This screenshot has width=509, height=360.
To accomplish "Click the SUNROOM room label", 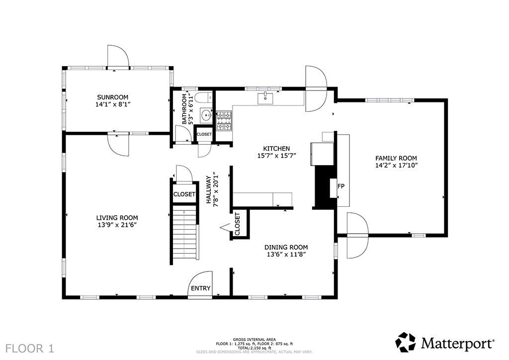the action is point(113,97).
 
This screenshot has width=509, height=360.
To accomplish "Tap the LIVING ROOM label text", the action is point(117,218).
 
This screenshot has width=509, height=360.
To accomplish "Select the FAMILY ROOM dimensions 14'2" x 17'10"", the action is point(396,165).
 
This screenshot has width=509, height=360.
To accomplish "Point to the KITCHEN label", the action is point(276,149).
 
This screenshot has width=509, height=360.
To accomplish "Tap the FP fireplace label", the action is point(341,186).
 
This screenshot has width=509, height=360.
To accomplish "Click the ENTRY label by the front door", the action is point(201,288).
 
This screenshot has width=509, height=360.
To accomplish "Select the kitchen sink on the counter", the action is point(265,98).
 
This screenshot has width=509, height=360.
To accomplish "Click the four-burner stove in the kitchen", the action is point(224,121).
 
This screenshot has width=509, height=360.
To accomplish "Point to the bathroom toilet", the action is point(205,97).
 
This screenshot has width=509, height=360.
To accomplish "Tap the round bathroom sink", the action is point(205,115).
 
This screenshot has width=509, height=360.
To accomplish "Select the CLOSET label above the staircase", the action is point(184,194).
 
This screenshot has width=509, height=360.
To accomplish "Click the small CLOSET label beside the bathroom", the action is point(204,134).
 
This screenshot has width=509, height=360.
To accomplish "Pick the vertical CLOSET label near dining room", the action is point(237,224).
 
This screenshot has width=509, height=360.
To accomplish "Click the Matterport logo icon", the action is point(406,342).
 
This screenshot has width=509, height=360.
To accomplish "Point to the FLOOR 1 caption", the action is point(29,349).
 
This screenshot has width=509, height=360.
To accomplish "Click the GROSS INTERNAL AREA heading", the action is point(254,340).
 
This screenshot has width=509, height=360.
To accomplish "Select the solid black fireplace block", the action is point(323,187).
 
